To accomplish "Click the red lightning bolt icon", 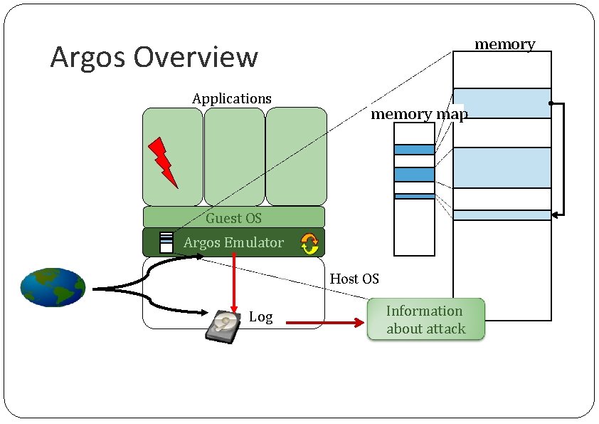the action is click(163, 162).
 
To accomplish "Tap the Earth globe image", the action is click(53, 287).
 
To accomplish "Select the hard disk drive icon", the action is click(223, 327).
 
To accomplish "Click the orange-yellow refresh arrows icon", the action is click(309, 244).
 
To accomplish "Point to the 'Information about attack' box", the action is click(426, 319).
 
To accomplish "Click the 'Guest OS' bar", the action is click(234, 217).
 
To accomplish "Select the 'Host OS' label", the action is click(354, 279).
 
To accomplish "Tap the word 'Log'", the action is click(261, 317).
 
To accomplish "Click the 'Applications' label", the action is click(232, 99).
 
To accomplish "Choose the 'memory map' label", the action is click(419, 114).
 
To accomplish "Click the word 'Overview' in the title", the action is click(196, 57).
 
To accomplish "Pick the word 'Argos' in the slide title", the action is click(88, 58).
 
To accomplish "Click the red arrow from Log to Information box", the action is click(325, 323).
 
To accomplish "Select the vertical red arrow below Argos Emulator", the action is click(234, 283).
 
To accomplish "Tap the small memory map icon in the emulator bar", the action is click(166, 242).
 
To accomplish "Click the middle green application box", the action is click(234, 157).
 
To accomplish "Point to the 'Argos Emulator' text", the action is click(233, 242).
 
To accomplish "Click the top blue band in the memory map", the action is click(414, 150).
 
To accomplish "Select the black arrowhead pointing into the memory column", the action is click(556, 215).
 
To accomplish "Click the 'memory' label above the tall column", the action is click(504, 44).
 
